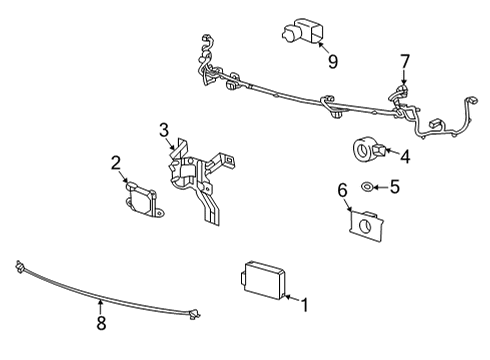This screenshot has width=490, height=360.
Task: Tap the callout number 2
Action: (x=116, y=163)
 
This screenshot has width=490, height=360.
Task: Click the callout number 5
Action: (x=393, y=185)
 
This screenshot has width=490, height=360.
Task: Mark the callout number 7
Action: (x=404, y=62)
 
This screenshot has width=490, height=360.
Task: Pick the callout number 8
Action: (x=100, y=323)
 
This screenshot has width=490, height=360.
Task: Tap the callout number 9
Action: (x=332, y=62)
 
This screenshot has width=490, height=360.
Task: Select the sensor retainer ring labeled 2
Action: (x=146, y=201)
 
